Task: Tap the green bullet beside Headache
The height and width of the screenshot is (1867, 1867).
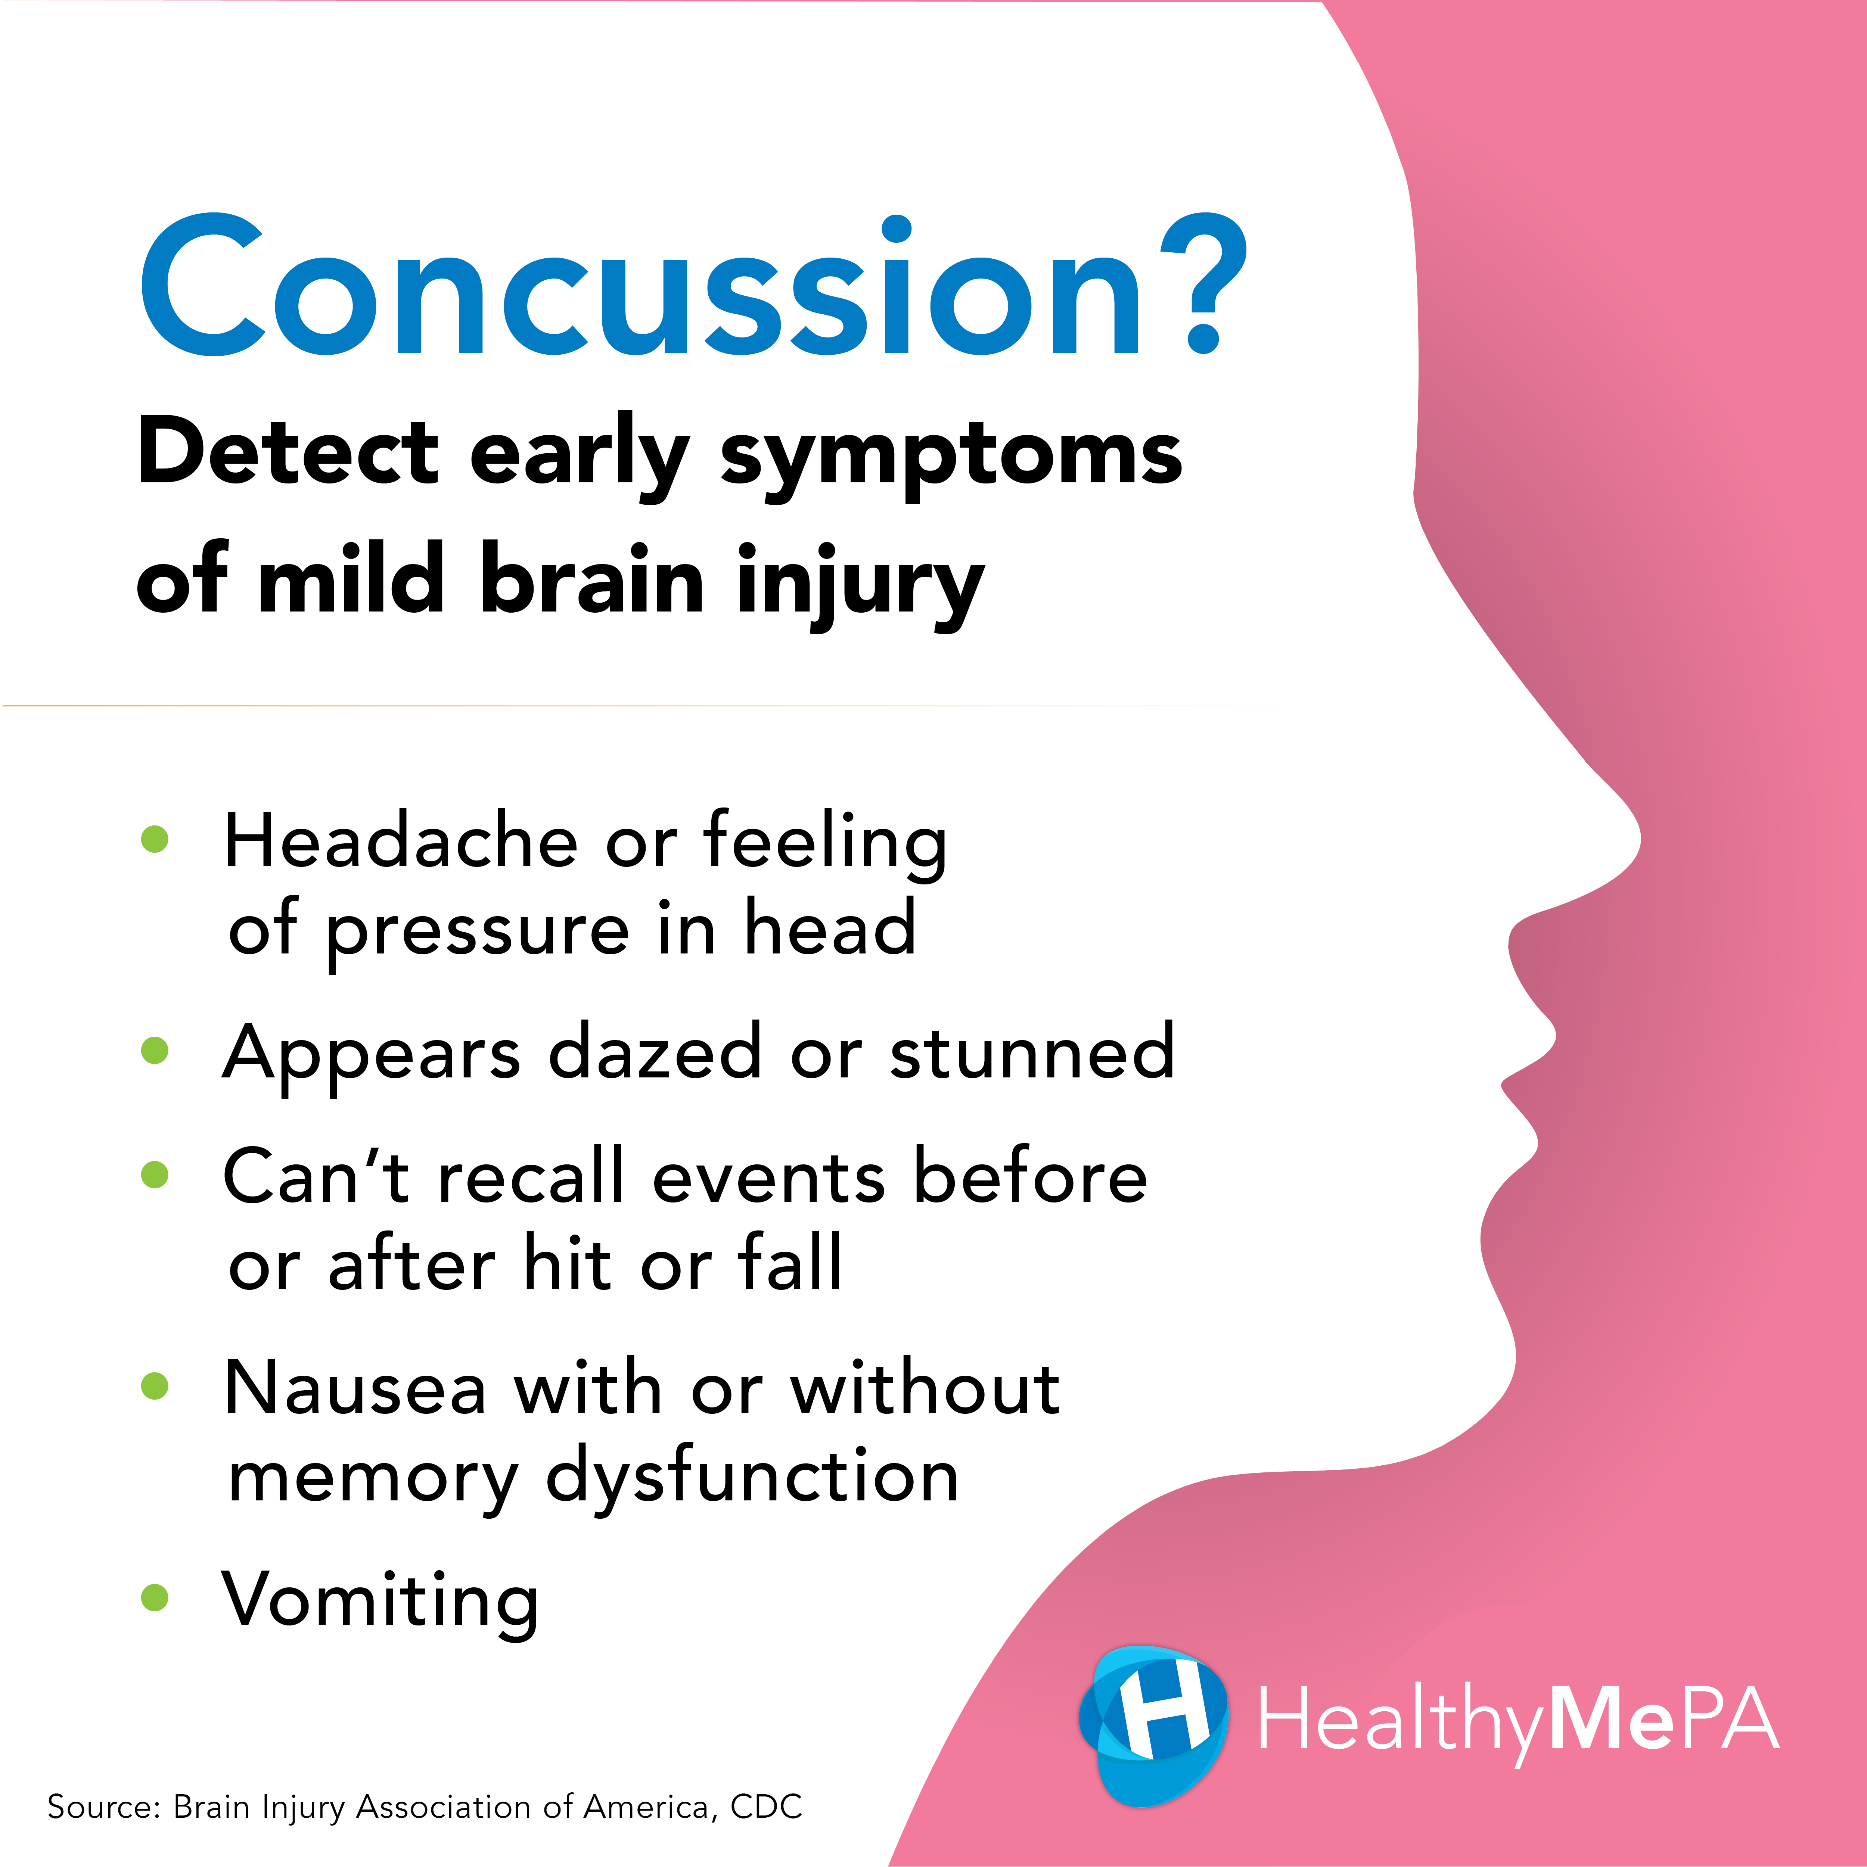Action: [x=155, y=839]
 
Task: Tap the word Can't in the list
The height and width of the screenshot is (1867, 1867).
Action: [x=317, y=1177]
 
